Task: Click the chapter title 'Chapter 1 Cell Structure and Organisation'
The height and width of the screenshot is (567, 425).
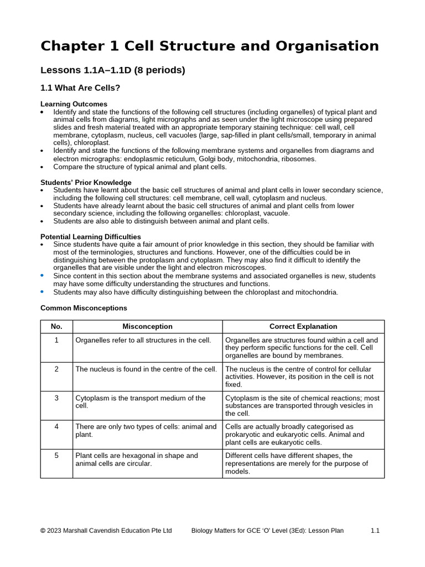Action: pyautogui.click(x=210, y=46)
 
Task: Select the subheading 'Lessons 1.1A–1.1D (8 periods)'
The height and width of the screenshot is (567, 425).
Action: pyautogui.click(x=112, y=70)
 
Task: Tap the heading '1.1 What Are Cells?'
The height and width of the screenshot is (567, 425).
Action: pyautogui.click(x=80, y=88)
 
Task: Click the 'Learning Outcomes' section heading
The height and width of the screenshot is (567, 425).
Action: pyautogui.click(x=74, y=104)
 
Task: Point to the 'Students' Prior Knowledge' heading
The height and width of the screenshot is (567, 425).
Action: pyautogui.click(x=86, y=182)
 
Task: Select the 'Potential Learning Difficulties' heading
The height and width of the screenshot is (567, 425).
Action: pyautogui.click(x=91, y=236)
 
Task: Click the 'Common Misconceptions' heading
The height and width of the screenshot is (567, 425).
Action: pyautogui.click(x=84, y=308)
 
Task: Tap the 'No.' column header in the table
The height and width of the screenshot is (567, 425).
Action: pyautogui.click(x=56, y=327)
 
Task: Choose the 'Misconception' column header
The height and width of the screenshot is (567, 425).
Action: pyautogui.click(x=147, y=327)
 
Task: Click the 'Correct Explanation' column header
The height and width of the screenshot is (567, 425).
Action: pyautogui.click(x=303, y=327)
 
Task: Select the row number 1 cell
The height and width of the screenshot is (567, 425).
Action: pyautogui.click(x=56, y=340)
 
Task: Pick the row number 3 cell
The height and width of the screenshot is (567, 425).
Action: pyautogui.click(x=56, y=398)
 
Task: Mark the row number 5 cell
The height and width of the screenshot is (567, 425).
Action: pyautogui.click(x=56, y=456)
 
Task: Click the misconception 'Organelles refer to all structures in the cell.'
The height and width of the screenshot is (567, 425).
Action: pyautogui.click(x=143, y=340)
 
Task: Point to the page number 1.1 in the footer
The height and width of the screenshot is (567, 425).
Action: pyautogui.click(x=375, y=530)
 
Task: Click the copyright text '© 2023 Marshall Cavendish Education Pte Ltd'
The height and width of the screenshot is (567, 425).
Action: pyautogui.click(x=106, y=530)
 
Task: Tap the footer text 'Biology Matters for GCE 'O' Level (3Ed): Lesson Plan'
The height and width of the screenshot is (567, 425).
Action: pyautogui.click(x=267, y=530)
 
